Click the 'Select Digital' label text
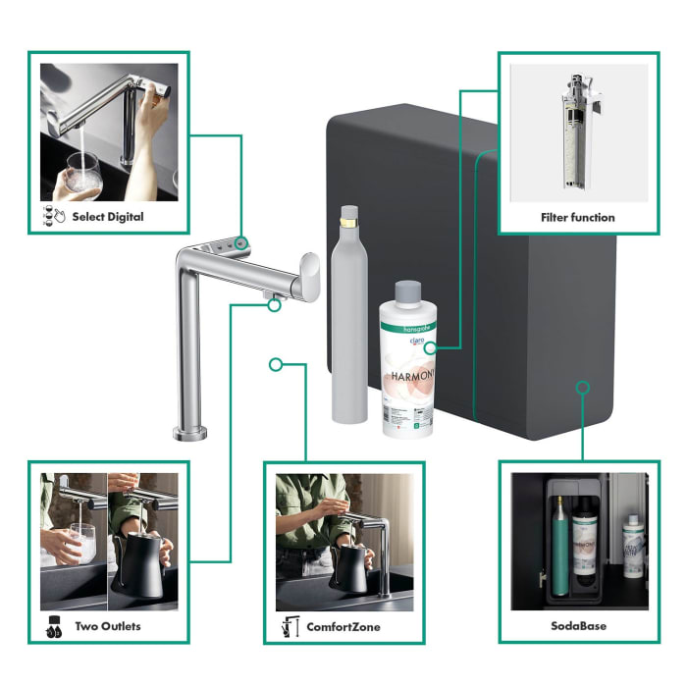tap(108, 217)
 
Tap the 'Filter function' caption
tap(577, 217)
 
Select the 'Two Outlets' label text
tap(108, 626)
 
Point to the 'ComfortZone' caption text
tap(343, 626)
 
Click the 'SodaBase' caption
tap(577, 626)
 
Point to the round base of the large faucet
tap(189, 433)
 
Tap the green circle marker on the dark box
tap(582, 387)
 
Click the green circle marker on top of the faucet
tap(242, 241)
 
